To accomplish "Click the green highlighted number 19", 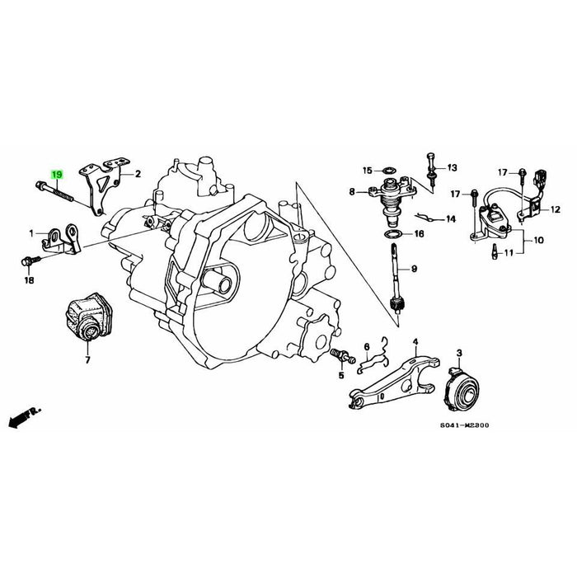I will [57, 175].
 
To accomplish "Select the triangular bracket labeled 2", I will [102, 185].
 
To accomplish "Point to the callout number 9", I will [415, 269].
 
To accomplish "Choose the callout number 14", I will [450, 220].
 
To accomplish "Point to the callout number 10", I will [539, 241].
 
